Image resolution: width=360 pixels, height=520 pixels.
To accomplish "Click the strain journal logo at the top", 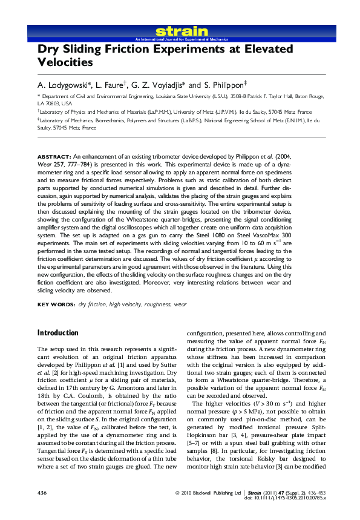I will (x=182, y=31).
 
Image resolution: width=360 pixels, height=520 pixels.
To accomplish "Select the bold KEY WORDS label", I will (x=56, y=304).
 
